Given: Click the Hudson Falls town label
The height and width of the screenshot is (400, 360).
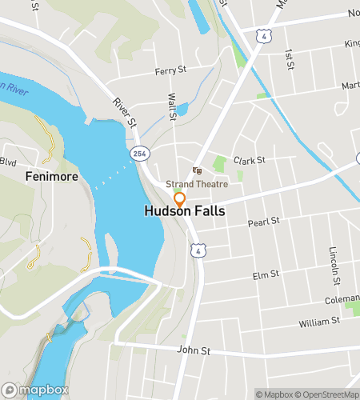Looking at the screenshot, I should point(185,212).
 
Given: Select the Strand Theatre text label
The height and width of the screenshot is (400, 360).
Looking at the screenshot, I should point(202,184).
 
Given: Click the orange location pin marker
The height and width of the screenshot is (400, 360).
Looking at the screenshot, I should point(180,199).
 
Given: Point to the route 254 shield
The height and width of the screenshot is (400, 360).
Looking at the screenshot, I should point(139,151).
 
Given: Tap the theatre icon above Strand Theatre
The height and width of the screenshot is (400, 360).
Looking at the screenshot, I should point(198,170).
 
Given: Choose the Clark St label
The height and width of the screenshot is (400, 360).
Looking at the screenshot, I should point(249,160).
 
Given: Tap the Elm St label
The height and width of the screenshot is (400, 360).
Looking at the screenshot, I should point(265,274).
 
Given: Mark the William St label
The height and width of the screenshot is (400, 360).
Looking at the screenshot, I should point(319,322).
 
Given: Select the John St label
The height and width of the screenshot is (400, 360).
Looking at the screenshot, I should point(193,350).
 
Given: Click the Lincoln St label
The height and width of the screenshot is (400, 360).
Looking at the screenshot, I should point(334,265).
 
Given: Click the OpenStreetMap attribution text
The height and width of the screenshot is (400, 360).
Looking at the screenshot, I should point(328,394).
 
